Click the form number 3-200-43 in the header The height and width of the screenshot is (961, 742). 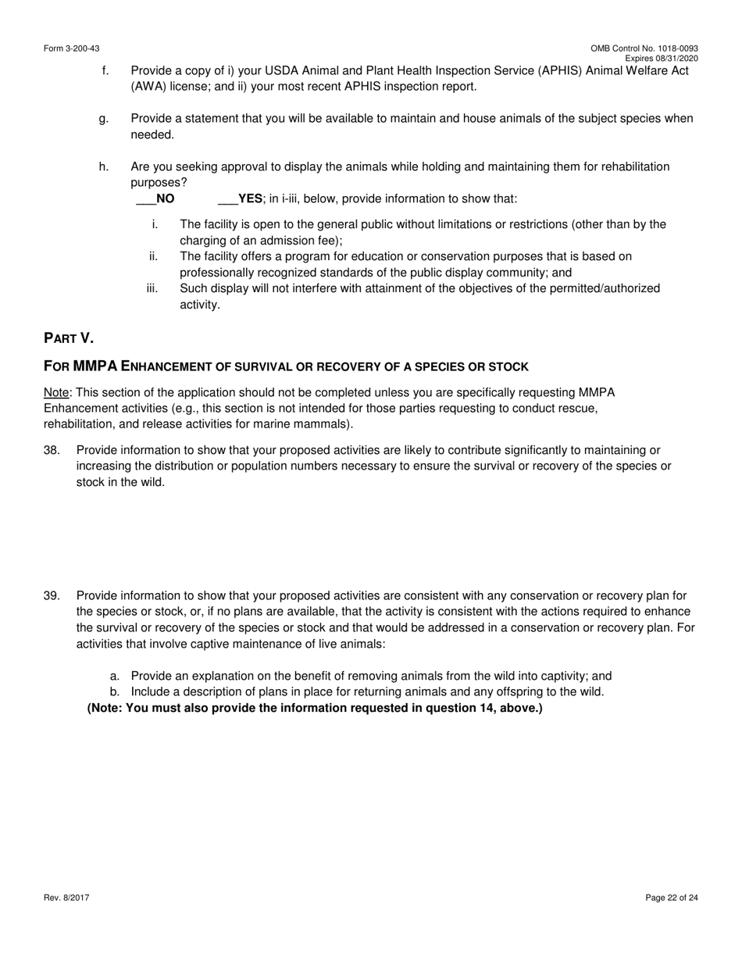coord(72,48)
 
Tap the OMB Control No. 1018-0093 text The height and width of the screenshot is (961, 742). coord(644,48)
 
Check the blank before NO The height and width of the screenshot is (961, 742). coord(145,200)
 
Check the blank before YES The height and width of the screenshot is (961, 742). coord(227,200)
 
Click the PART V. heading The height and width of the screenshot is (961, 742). coord(69,338)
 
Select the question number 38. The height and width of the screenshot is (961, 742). coord(52,450)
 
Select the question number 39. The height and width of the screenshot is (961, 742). coord(52,596)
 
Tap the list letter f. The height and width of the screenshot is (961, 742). coord(105,70)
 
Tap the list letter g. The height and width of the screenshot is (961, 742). coord(104,119)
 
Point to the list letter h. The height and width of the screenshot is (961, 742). coord(104,166)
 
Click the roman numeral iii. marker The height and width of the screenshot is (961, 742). coord(152,288)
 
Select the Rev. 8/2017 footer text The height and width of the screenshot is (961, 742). coord(66,898)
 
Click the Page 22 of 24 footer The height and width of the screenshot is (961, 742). coord(672,898)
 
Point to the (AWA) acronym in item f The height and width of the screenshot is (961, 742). coord(147,87)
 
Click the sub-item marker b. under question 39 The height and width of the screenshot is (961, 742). coord(115,692)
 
